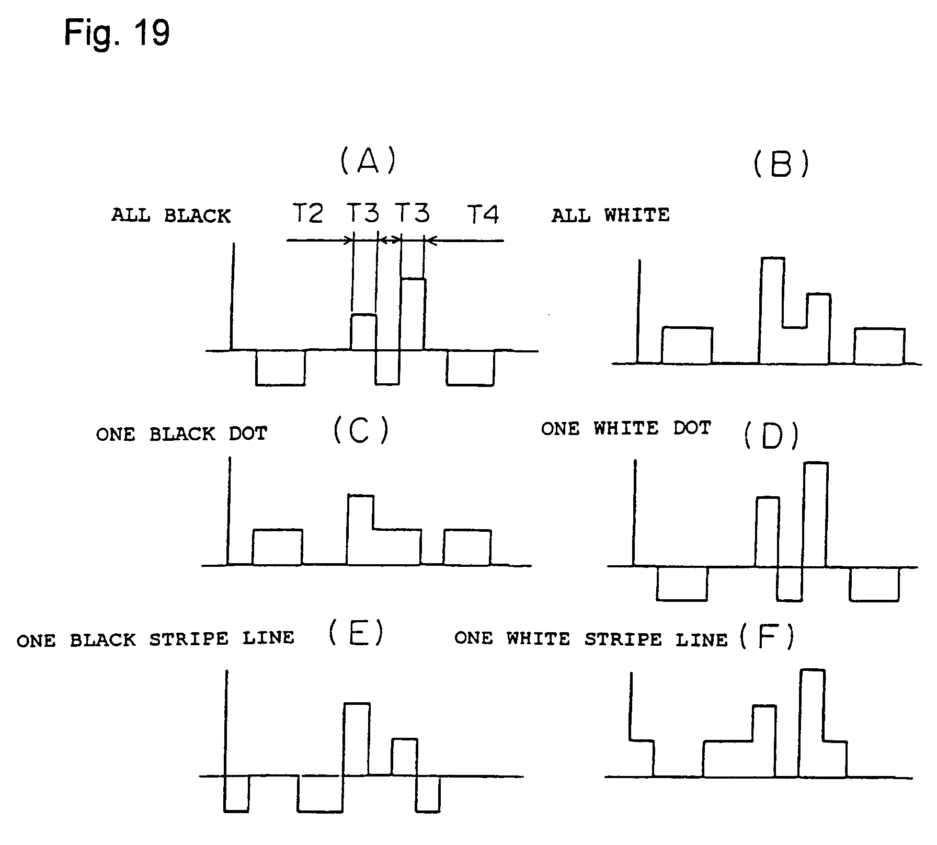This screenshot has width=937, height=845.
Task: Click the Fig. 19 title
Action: coord(117,33)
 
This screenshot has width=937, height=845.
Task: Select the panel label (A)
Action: coord(368,161)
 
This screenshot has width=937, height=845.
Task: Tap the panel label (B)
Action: coord(781,164)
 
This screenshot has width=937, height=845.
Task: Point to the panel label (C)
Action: coord(361,431)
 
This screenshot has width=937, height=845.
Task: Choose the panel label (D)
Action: coord(771,436)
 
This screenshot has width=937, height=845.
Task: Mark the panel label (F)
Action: coord(767,637)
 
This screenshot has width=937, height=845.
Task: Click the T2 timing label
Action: coord(307,213)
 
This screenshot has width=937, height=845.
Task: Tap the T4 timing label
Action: coord(483,214)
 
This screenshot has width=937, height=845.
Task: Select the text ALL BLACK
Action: coord(170,215)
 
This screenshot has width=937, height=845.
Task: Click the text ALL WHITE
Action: coord(610,215)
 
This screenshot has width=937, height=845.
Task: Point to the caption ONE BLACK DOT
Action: coord(181,434)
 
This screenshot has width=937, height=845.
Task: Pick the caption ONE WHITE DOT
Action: coord(626,429)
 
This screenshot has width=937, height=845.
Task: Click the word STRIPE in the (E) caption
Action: coord(189,639)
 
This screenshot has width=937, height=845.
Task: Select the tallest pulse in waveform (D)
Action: coord(815,514)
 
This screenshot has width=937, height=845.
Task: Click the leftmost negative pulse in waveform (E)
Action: coord(236,793)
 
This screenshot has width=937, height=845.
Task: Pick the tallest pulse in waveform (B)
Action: coord(772,293)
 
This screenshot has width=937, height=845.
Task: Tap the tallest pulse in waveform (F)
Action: coord(812,722)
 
